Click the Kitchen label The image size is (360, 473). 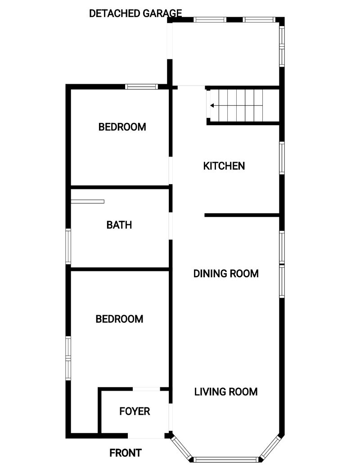click(x=224, y=166)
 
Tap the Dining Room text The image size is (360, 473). click(x=226, y=274)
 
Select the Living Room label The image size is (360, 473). click(x=226, y=392)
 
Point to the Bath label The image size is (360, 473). click(x=119, y=225)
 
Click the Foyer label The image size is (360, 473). click(x=135, y=411)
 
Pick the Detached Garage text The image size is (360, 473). click(x=135, y=14)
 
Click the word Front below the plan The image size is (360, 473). click(x=126, y=453)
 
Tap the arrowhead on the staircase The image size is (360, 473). click(x=212, y=106)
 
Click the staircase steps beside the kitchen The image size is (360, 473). click(x=241, y=106)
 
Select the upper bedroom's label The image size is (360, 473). click(x=122, y=127)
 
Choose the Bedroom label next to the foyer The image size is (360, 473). click(x=119, y=319)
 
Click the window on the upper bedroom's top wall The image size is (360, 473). click(x=142, y=87)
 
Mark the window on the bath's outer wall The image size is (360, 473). click(x=68, y=247)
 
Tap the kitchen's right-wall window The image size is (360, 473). click(x=282, y=158)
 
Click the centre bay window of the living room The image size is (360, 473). click(x=225, y=460)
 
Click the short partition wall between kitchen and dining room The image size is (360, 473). click(x=242, y=215)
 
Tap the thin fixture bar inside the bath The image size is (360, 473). click(x=87, y=202)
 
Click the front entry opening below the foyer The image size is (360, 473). click(x=146, y=436)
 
